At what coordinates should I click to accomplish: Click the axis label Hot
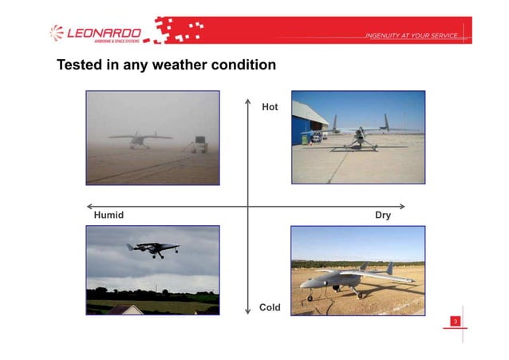[x=270, y=106]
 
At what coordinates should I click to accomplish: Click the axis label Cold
[x=270, y=307]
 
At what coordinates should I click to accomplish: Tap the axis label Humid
[x=109, y=216]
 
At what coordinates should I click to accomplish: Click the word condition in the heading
[x=242, y=65]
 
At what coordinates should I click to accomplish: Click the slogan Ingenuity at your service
[x=411, y=37]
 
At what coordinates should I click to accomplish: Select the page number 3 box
[x=455, y=321]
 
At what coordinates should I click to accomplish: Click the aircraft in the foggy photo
[x=140, y=139]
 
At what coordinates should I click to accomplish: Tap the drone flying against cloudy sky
[x=152, y=249]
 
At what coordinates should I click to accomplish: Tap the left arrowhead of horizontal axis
[x=89, y=206]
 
